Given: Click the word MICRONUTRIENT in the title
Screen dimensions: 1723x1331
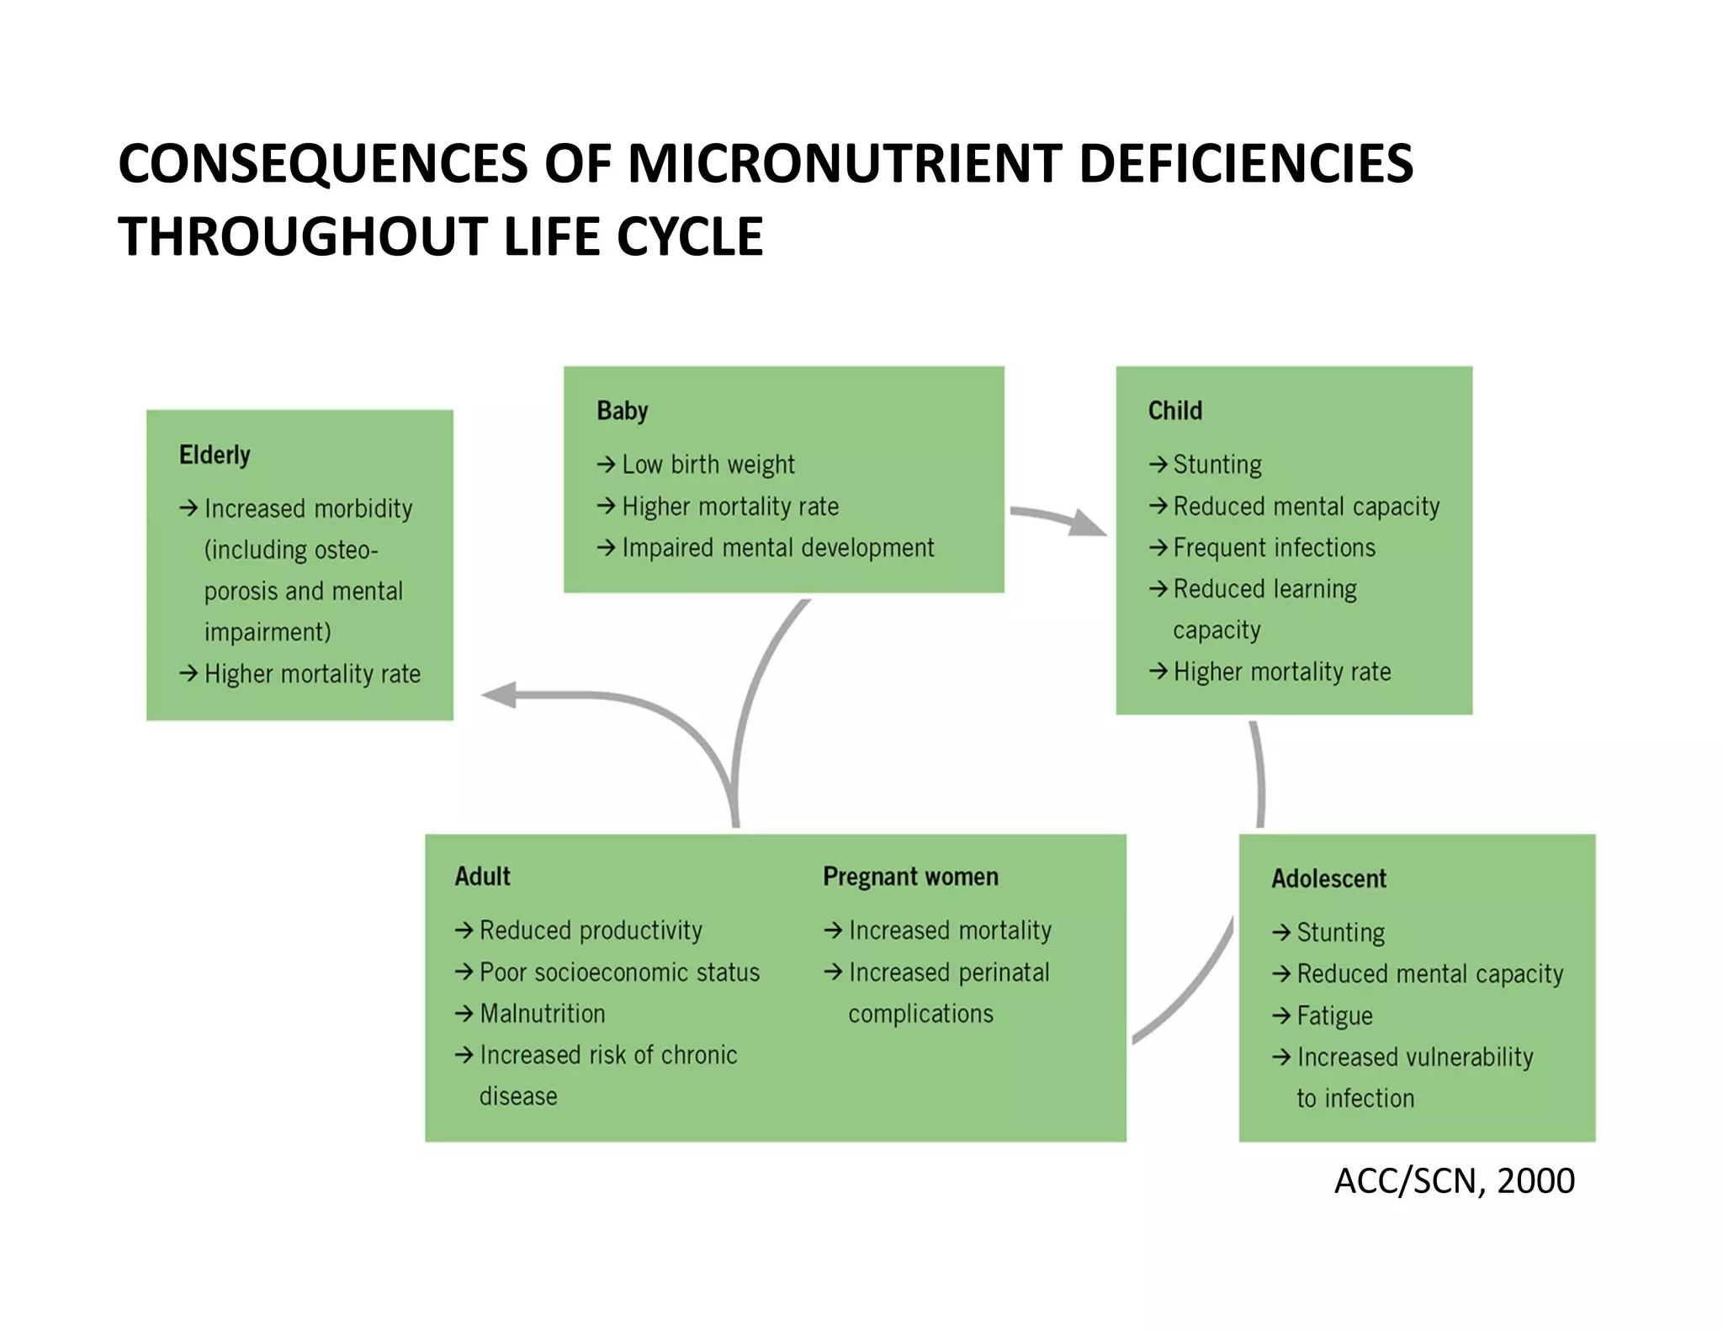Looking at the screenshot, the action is [x=844, y=163].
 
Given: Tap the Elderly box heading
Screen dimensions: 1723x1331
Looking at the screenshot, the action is [x=215, y=455].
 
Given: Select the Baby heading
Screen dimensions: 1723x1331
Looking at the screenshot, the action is [x=622, y=411].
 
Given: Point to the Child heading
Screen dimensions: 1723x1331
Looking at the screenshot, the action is [x=1174, y=411].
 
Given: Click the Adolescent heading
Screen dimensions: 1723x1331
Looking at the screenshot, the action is [x=1328, y=878].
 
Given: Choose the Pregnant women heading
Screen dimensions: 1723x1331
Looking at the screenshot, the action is [x=910, y=877].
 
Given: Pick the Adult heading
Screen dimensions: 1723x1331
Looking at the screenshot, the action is [x=482, y=877].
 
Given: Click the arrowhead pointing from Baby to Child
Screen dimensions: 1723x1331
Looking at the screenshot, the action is [x=1089, y=523].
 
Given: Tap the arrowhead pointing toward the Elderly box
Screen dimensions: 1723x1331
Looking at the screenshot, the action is [x=498, y=695].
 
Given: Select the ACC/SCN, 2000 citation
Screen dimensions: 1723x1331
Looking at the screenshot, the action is [x=1454, y=1181].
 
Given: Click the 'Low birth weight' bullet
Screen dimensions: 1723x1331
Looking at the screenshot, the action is [x=708, y=464].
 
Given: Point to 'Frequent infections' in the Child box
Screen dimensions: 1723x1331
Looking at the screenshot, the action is [x=1274, y=548].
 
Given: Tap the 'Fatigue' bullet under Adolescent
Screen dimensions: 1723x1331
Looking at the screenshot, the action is [x=1334, y=1015].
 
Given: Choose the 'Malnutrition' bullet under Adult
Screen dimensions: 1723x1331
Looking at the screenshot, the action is [x=542, y=1014].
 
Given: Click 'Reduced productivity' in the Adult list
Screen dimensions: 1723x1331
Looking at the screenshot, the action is [x=591, y=931].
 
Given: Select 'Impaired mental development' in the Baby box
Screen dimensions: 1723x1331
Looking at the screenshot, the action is [x=777, y=548].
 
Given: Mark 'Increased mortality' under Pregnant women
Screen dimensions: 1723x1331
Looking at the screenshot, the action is [x=950, y=931].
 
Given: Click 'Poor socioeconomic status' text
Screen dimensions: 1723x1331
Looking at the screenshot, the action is [x=619, y=973].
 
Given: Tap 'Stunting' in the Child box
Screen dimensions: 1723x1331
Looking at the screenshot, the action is [x=1217, y=464].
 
